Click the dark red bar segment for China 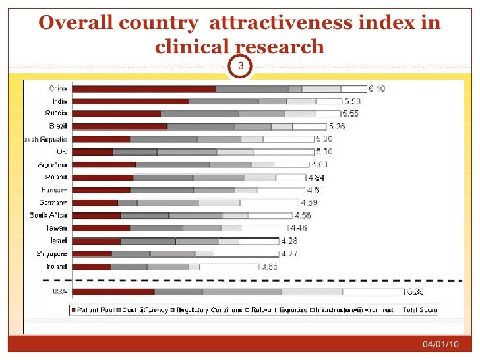point(144,89)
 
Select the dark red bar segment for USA point(113,291)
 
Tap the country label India point(57,102)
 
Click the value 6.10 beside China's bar point(376,89)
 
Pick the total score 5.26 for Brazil point(338,127)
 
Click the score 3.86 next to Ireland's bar point(270,267)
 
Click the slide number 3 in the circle point(241,66)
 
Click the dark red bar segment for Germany point(95,203)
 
